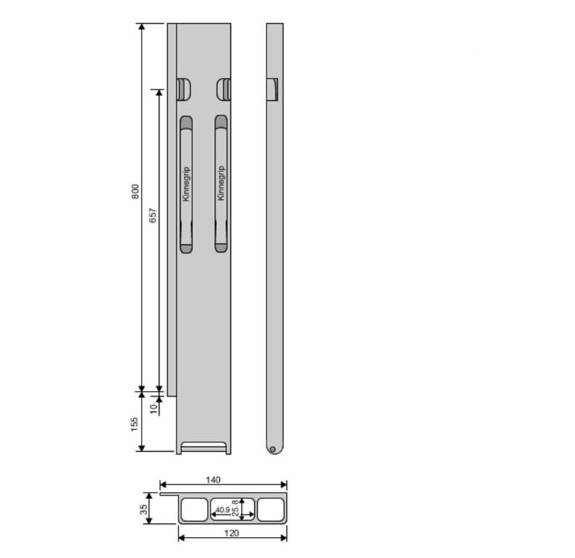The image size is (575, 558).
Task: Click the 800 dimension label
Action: coord(135,192)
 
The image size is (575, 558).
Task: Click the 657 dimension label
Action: coord(152,216)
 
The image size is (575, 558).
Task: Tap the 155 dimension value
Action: coord(134,424)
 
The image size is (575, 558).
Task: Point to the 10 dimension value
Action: coord(154,408)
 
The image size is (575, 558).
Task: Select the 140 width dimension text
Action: coord(213,480)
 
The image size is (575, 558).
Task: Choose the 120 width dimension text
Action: coord(232,533)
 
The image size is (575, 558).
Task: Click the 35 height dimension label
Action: coord(143,509)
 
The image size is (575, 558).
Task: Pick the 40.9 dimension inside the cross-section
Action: coord(223,510)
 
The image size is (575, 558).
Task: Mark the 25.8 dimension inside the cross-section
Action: coord(235,508)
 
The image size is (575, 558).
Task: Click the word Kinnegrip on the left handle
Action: coord(187,184)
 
